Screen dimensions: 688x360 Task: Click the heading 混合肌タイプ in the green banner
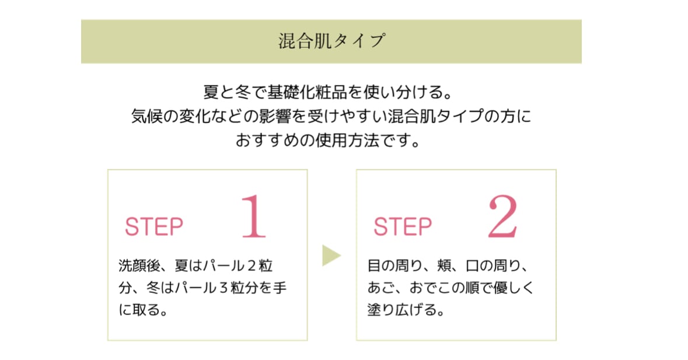[331, 42]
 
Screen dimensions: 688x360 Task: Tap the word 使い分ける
[406, 93]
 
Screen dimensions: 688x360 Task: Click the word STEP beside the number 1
[154, 227]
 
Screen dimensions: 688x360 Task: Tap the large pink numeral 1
[254, 216]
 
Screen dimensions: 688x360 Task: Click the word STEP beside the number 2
[403, 227]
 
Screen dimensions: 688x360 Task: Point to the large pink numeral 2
[503, 216]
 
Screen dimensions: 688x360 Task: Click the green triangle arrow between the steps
[331, 254]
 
